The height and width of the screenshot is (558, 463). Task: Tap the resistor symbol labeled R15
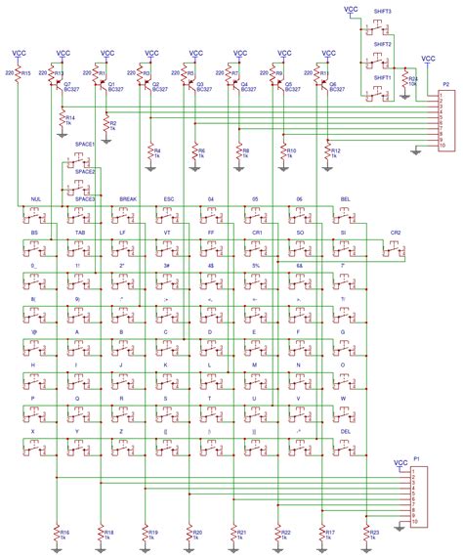click(17, 74)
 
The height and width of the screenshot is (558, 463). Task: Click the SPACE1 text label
click(85, 144)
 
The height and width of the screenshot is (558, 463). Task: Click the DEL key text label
click(344, 431)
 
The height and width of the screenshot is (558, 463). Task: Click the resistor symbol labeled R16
click(57, 534)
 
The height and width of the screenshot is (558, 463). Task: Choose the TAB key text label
click(79, 235)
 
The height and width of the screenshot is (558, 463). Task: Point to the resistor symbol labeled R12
click(328, 152)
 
